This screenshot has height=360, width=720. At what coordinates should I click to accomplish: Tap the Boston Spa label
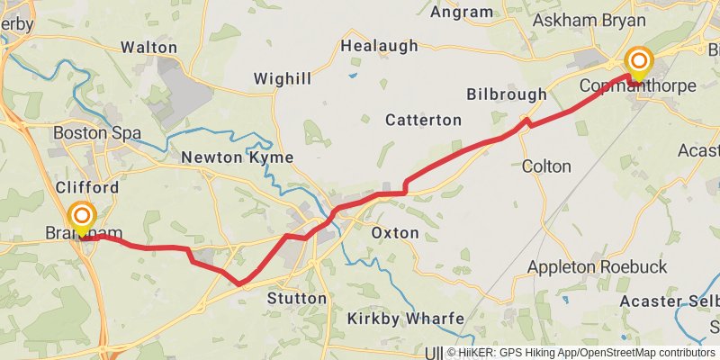tap(97, 133)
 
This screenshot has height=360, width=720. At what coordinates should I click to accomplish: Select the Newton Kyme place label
tap(238, 157)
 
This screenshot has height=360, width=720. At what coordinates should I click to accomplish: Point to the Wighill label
tap(282, 79)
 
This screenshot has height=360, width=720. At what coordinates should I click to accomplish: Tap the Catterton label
tap(423, 120)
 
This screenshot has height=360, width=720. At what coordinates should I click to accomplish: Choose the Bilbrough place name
tap(507, 94)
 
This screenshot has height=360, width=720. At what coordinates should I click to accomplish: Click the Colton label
tap(546, 166)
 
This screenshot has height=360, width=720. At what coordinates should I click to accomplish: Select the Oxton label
tap(395, 233)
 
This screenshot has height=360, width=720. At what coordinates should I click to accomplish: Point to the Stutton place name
tap(297, 298)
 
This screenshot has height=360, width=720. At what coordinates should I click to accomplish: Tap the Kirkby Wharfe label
tap(406, 319)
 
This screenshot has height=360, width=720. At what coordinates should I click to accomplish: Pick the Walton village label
tap(148, 46)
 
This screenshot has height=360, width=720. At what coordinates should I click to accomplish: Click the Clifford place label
tap(86, 188)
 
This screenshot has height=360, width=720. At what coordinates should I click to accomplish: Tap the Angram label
tap(462, 12)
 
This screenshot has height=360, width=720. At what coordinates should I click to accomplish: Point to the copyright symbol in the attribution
tap(452, 353)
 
